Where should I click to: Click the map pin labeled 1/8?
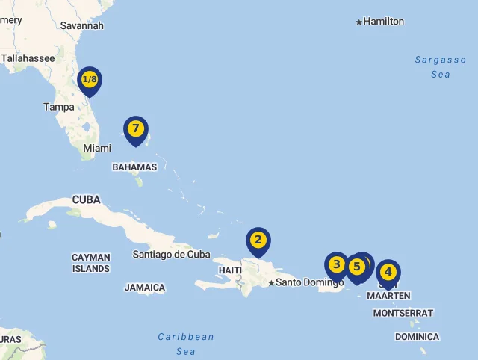[x=90, y=80]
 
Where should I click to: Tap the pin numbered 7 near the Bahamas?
[x=135, y=128]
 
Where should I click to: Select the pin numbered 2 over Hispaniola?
[x=258, y=240]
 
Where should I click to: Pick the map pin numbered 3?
[x=336, y=264]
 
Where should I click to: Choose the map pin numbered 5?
[x=356, y=267]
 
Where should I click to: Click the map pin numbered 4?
[x=388, y=272]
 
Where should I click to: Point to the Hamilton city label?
[x=383, y=22]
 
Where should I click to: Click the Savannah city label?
[x=81, y=25]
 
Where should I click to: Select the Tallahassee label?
[x=28, y=58]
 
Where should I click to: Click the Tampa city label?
[x=58, y=107]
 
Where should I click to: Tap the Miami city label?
[x=97, y=149]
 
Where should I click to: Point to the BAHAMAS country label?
[x=134, y=167]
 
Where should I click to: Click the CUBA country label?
[x=86, y=199]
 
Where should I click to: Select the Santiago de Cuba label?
[x=171, y=254]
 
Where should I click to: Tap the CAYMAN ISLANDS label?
[x=91, y=263]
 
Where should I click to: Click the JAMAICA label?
[x=145, y=288]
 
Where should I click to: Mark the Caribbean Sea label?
[x=186, y=344]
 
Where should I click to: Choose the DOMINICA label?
[x=417, y=337]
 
